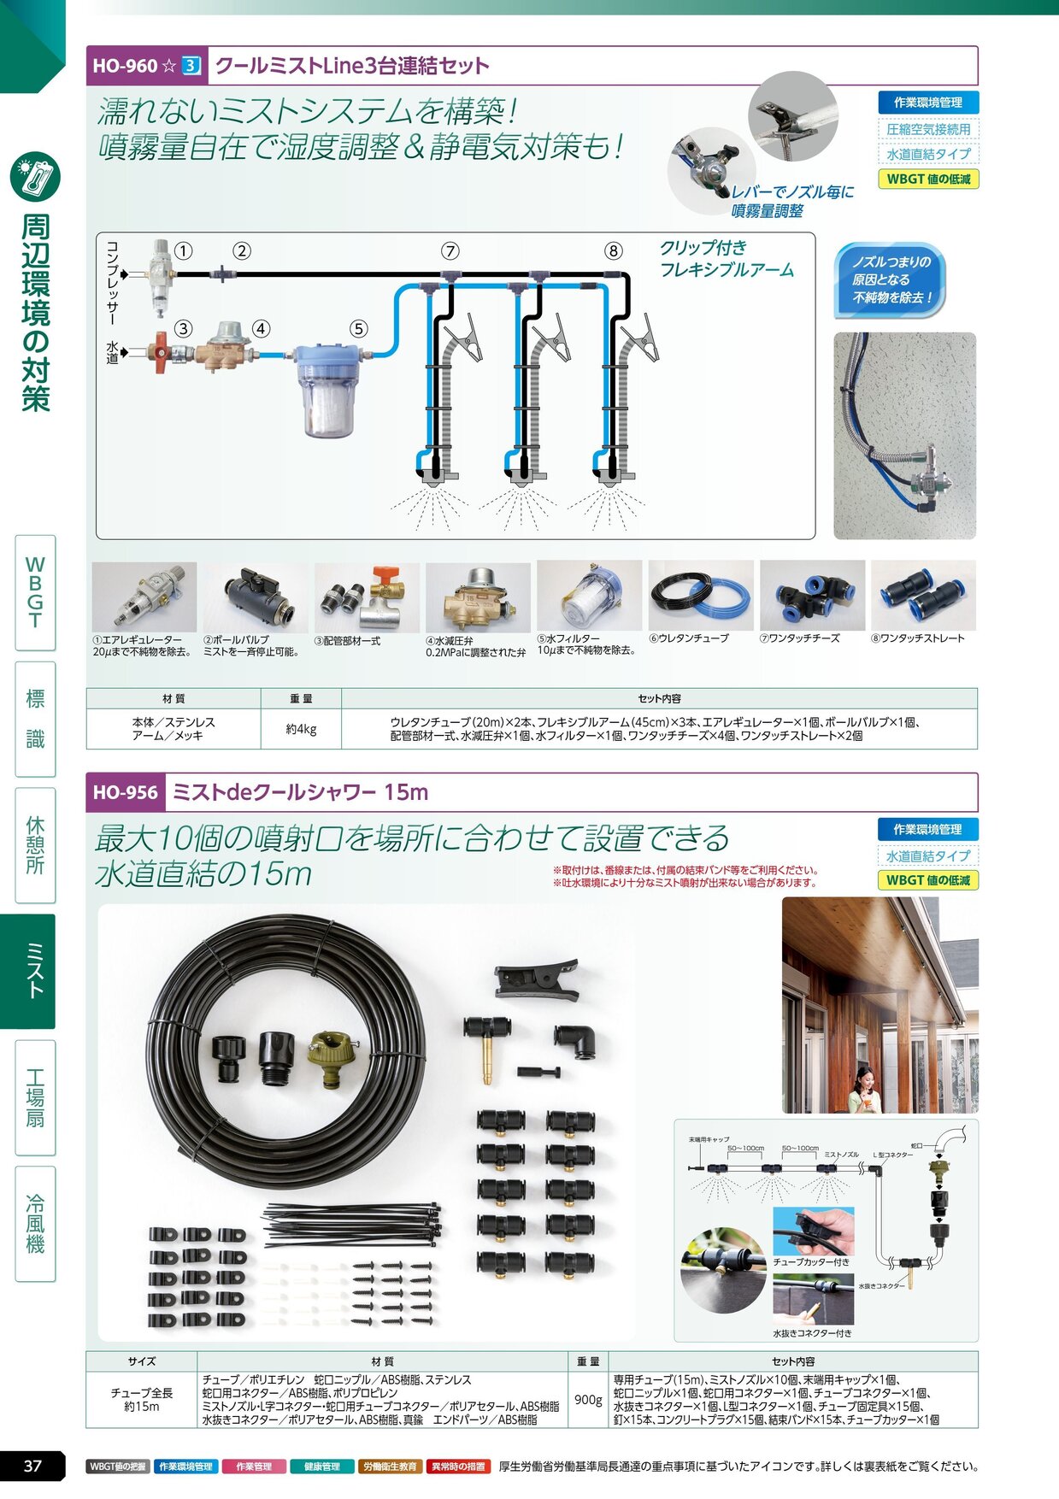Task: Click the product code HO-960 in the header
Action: coord(125,66)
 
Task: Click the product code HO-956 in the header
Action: coord(125,792)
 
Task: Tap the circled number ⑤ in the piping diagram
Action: coord(358,329)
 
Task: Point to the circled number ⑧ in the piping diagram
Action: coord(613,250)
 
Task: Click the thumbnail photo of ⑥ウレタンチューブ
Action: coord(700,596)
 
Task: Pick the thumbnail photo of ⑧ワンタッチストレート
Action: coord(923,596)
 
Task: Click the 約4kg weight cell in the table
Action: coord(301,729)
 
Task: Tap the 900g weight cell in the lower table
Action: coord(587,1399)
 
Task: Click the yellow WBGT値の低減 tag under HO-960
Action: coord(927,179)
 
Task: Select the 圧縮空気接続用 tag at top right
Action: coord(927,129)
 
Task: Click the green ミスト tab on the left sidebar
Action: coord(35,971)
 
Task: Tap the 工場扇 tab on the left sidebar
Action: coord(35,1097)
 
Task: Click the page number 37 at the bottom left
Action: coord(32,1466)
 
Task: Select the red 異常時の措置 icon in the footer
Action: coord(458,1467)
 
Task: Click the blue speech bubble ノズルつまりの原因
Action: coord(890,279)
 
